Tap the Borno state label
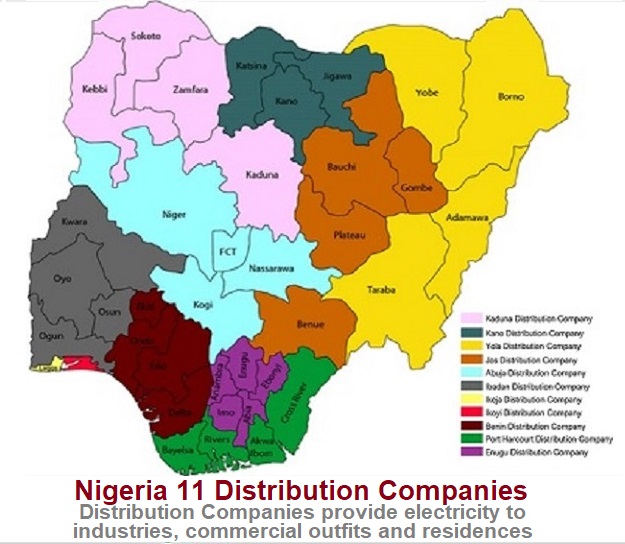512,96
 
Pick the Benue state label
310,325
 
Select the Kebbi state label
94,90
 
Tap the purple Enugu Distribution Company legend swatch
468,453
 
